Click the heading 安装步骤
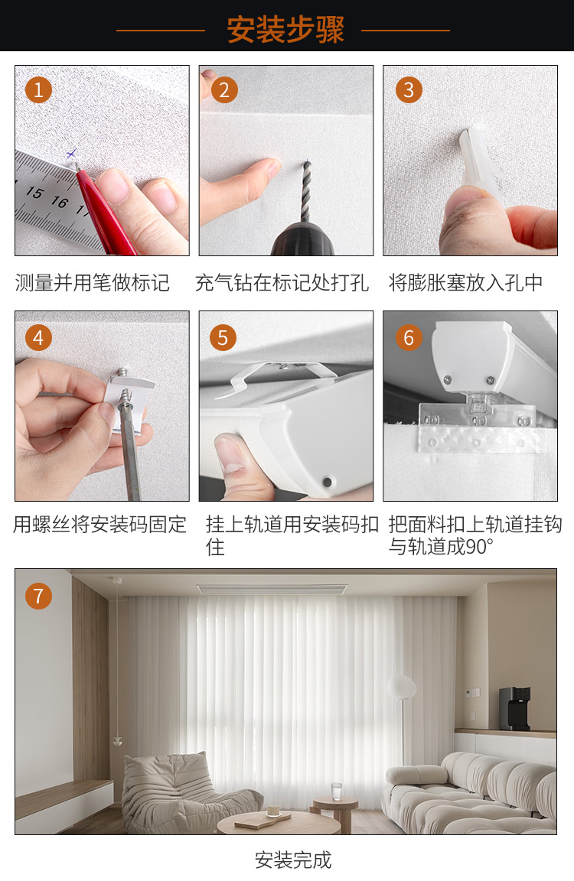[285, 29]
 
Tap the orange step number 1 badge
[38, 90]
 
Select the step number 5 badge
[223, 338]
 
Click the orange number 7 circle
[38, 597]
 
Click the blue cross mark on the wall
[71, 153]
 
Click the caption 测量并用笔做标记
[92, 283]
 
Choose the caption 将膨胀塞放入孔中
[465, 283]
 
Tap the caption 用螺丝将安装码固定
[100, 524]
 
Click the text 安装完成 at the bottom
[293, 860]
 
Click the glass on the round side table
[336, 791]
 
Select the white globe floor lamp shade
[401, 688]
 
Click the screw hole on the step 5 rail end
[327, 482]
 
